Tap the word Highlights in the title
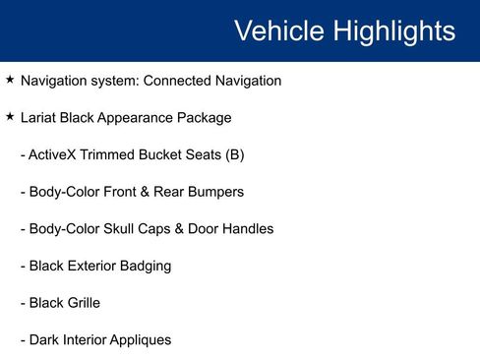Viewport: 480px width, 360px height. point(393,30)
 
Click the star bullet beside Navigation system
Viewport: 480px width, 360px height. point(10,80)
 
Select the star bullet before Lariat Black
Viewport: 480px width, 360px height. point(10,117)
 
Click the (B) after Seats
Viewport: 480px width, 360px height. point(234,155)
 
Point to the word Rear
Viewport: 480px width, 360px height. point(163,192)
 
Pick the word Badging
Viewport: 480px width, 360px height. point(144,266)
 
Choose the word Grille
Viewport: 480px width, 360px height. point(81,303)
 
